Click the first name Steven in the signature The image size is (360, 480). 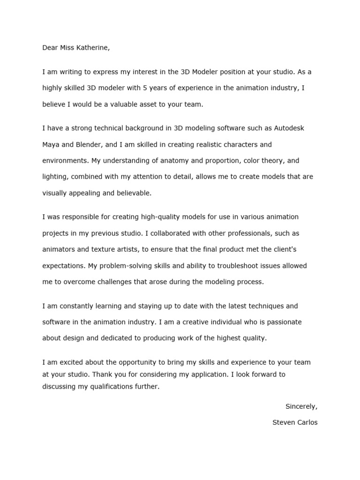click(283, 422)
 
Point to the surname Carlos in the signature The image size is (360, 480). click(307, 422)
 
